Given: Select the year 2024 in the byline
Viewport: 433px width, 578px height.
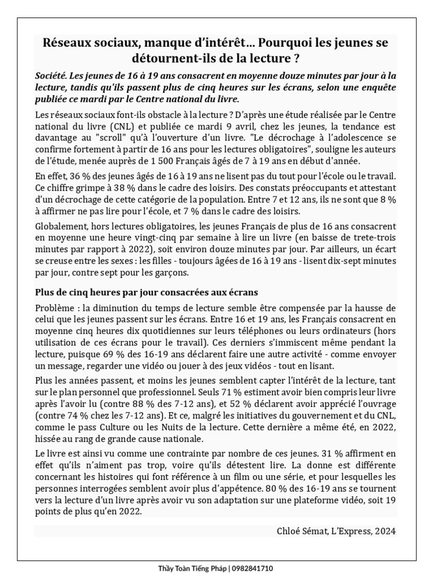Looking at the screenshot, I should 385,531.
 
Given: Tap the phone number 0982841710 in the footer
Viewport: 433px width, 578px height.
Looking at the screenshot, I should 253,568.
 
